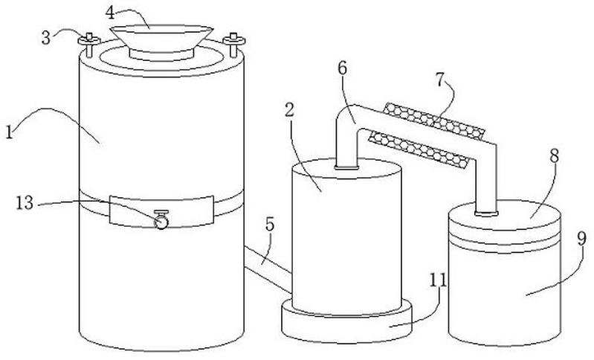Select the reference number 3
tap(46, 36)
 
